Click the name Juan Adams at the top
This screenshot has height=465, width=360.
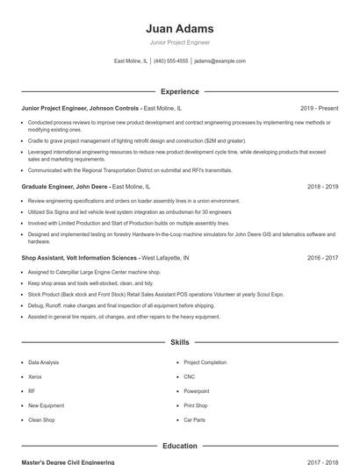(179, 28)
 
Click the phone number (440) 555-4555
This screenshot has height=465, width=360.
(170, 61)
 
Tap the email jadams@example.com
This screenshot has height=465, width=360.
(220, 61)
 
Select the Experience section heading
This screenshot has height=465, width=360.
(179, 91)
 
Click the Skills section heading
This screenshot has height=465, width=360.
(179, 341)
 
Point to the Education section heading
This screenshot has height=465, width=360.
(179, 446)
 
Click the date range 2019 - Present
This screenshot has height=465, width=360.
(319, 108)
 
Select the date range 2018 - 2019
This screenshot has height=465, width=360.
(322, 187)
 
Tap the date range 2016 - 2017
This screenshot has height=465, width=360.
(322, 259)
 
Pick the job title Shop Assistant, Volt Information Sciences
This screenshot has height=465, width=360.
(79, 259)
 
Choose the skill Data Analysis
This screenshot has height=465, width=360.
(44, 362)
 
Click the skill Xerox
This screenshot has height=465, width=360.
(35, 376)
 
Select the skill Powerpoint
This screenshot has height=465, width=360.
(197, 391)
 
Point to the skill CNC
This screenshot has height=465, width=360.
(189, 376)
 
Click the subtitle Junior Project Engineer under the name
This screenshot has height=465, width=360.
(179, 42)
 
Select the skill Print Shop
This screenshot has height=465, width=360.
(195, 405)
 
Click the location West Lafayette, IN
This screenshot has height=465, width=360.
(165, 259)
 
